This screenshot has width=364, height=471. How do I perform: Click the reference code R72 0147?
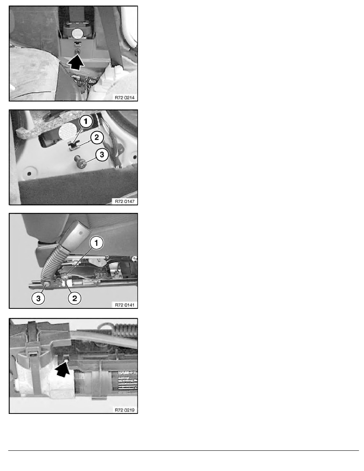(x=124, y=201)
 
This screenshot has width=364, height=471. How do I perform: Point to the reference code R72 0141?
(x=124, y=305)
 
